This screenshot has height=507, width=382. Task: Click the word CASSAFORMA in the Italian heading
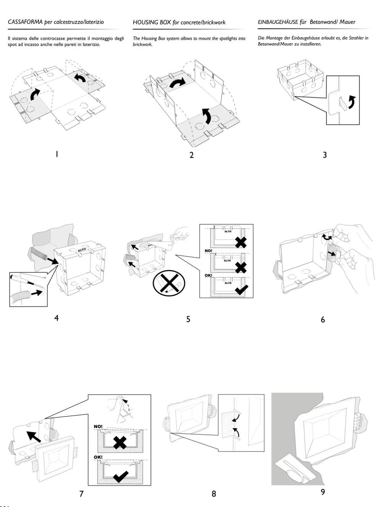(x=25, y=22)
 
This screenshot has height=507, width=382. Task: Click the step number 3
(x=325, y=155)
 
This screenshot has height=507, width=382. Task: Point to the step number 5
(x=188, y=319)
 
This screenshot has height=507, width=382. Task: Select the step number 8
(x=214, y=494)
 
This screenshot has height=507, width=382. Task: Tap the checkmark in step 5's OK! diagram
(x=241, y=290)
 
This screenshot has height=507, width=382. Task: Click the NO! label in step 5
(x=208, y=251)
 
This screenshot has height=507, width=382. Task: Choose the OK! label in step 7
(x=98, y=457)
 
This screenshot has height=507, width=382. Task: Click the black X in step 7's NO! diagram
(x=120, y=443)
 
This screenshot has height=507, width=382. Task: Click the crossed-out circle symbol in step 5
(x=169, y=283)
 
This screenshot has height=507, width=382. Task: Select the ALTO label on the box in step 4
(x=82, y=250)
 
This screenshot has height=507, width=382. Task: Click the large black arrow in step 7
(x=34, y=437)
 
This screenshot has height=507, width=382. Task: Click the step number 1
(x=57, y=154)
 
